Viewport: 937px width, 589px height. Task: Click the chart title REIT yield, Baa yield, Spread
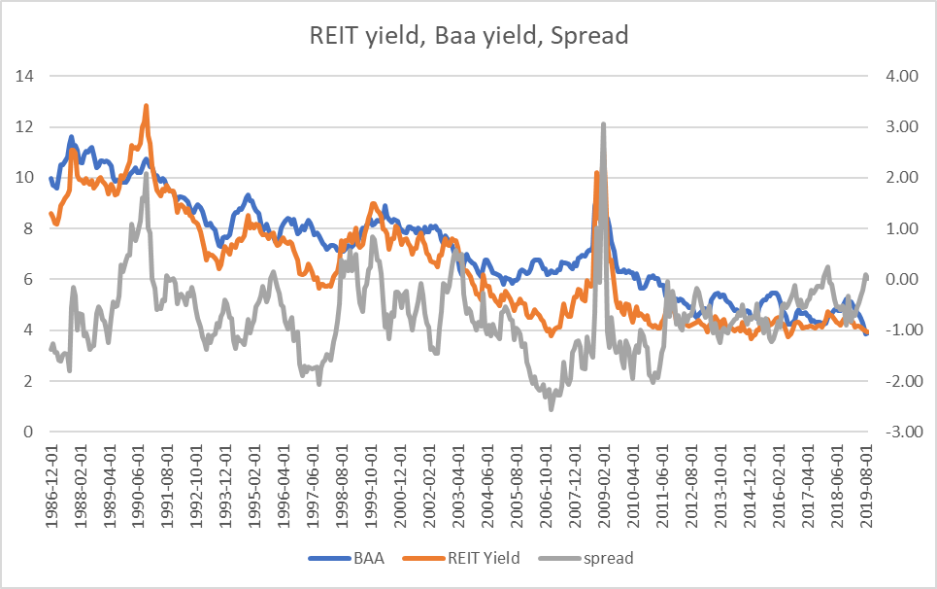(468, 36)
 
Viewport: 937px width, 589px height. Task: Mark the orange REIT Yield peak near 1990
(146, 106)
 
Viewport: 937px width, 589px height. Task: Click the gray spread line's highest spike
(603, 124)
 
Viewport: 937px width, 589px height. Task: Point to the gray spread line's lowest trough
(551, 408)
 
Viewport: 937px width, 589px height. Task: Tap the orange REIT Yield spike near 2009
(596, 173)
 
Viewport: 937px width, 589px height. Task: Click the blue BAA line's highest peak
(71, 137)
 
